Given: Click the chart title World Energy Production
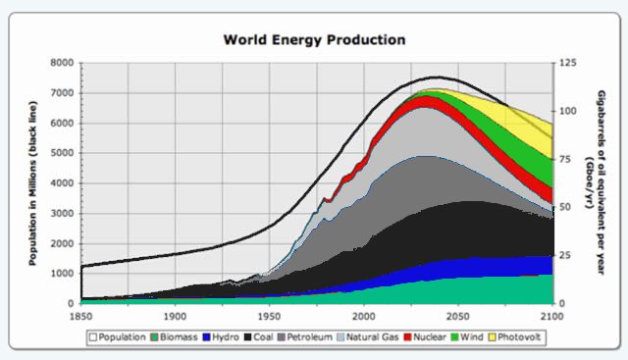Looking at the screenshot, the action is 314,40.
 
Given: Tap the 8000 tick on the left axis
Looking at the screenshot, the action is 62,63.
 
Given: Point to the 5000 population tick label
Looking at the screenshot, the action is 62,153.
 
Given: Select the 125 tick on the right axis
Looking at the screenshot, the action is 568,63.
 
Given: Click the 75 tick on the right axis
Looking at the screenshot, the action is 565,159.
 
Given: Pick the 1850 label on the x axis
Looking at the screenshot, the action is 80,317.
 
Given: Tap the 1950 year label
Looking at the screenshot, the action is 270,317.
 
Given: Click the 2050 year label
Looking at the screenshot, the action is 458,317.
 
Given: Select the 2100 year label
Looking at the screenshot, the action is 551,317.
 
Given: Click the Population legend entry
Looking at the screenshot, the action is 118,337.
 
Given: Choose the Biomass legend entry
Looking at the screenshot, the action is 174,337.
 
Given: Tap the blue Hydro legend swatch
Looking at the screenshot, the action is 207,337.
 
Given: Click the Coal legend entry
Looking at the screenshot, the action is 258,337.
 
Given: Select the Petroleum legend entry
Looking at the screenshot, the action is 305,337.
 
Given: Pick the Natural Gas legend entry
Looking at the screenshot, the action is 368,337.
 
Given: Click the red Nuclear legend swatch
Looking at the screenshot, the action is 407,337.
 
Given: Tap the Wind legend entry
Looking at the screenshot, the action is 467,337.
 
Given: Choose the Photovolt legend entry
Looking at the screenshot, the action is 514,337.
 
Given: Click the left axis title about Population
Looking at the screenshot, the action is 32,183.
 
